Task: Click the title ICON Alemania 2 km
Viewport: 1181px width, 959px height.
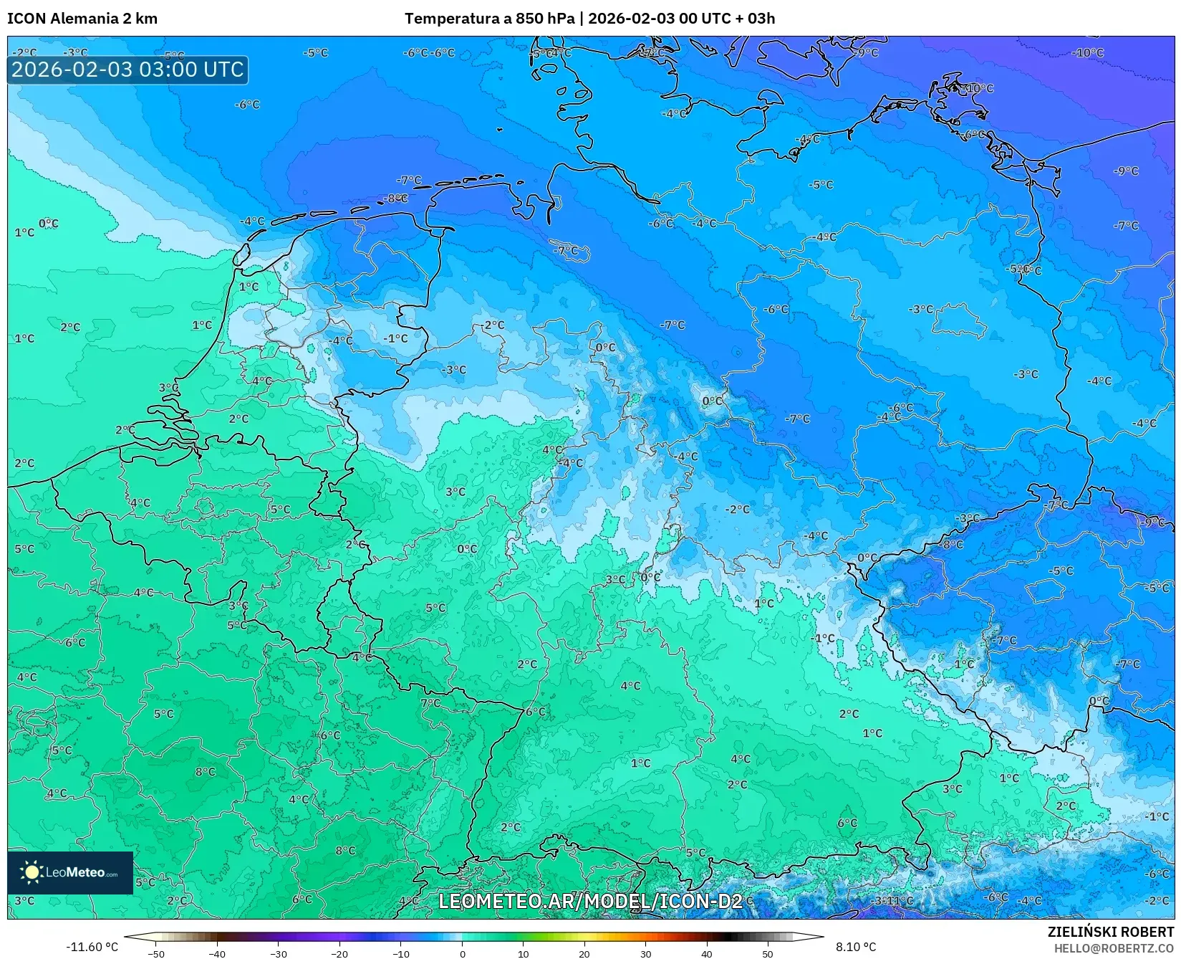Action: [x=82, y=19]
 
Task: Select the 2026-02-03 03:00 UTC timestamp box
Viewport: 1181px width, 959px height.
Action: [x=127, y=70]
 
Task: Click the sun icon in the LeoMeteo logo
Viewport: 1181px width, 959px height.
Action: [x=31, y=872]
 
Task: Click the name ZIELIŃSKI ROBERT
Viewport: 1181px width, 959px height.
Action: [x=1110, y=932]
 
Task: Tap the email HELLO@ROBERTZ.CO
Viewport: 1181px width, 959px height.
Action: [x=1113, y=948]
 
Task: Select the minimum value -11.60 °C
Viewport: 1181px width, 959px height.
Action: [x=92, y=947]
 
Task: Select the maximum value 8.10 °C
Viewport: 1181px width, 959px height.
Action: [x=856, y=947]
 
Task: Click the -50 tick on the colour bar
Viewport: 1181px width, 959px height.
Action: [x=156, y=953]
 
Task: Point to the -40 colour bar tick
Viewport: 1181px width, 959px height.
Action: [x=217, y=953]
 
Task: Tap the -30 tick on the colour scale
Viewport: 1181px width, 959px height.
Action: [x=279, y=953]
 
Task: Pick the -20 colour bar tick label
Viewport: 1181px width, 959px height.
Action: [x=339, y=953]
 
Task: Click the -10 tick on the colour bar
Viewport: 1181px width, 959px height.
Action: [x=401, y=953]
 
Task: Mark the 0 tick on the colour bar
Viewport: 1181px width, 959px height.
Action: [x=463, y=953]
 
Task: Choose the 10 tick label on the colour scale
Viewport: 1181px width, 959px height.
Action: [x=524, y=953]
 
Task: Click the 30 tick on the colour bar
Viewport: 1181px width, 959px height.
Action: [x=646, y=953]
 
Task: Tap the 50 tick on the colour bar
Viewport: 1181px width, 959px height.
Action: [x=768, y=953]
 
